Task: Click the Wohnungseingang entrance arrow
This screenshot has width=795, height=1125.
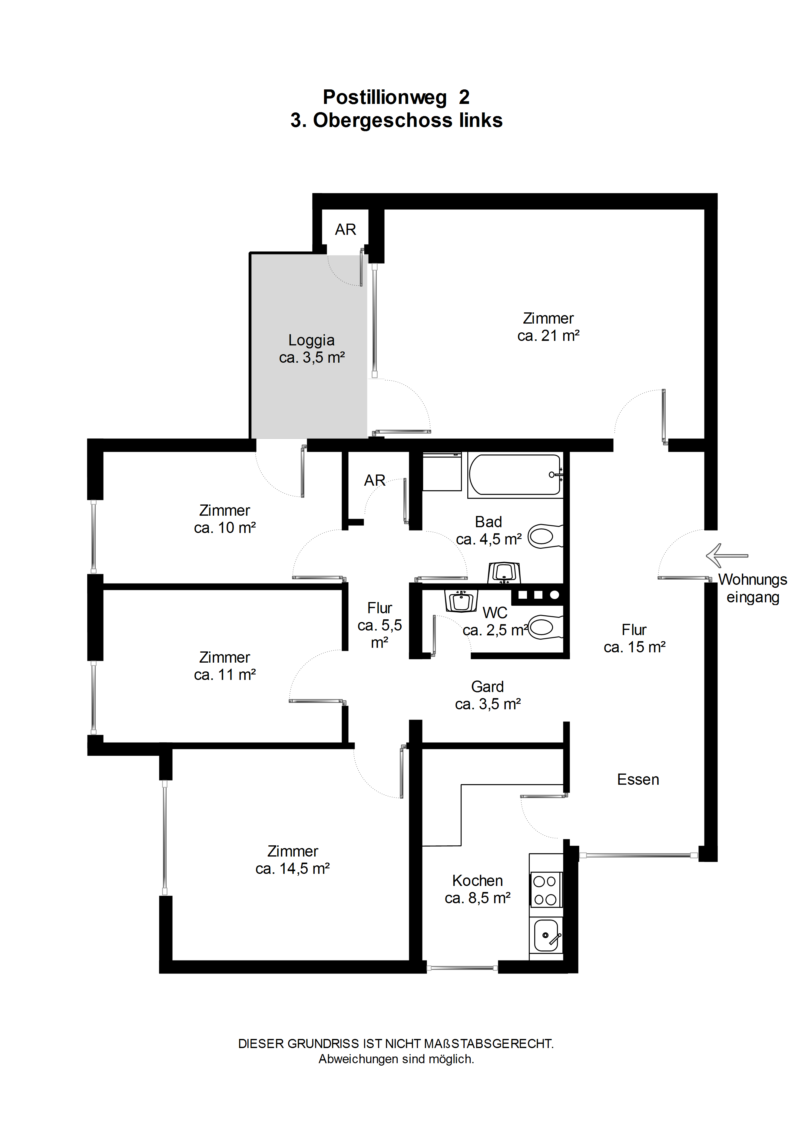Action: [727, 556]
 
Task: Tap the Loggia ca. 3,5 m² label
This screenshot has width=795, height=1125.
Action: [312, 348]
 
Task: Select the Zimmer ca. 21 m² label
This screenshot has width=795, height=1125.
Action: [548, 327]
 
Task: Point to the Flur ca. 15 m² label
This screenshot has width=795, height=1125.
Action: [634, 638]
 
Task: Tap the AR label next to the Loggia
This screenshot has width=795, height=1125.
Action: [345, 229]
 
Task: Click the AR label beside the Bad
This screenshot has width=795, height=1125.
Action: [375, 480]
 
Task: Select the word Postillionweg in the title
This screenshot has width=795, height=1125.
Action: [385, 97]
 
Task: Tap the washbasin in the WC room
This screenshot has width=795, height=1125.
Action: [461, 601]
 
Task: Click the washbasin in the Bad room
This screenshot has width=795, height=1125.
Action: [504, 572]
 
